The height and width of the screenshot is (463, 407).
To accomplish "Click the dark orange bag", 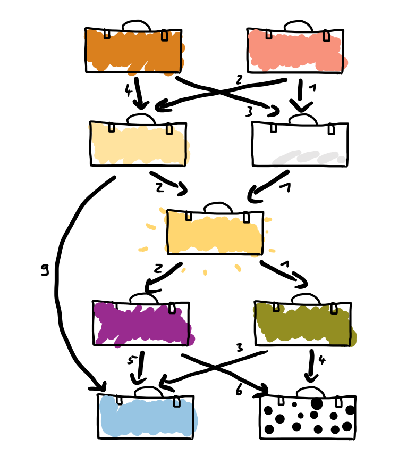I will click(x=133, y=51).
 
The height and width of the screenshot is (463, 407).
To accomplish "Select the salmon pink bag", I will click(x=295, y=51).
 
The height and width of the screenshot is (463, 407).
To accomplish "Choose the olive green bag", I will click(x=303, y=324).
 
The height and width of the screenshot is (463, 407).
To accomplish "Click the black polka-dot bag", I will click(x=308, y=418).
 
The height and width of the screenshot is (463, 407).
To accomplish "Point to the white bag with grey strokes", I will click(x=300, y=145).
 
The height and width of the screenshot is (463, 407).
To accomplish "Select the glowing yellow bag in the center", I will click(x=215, y=233).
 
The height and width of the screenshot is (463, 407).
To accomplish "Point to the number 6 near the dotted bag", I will click(x=239, y=391).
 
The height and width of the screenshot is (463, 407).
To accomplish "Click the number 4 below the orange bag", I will click(x=128, y=90).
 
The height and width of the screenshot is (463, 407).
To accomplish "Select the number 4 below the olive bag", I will click(x=321, y=360).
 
